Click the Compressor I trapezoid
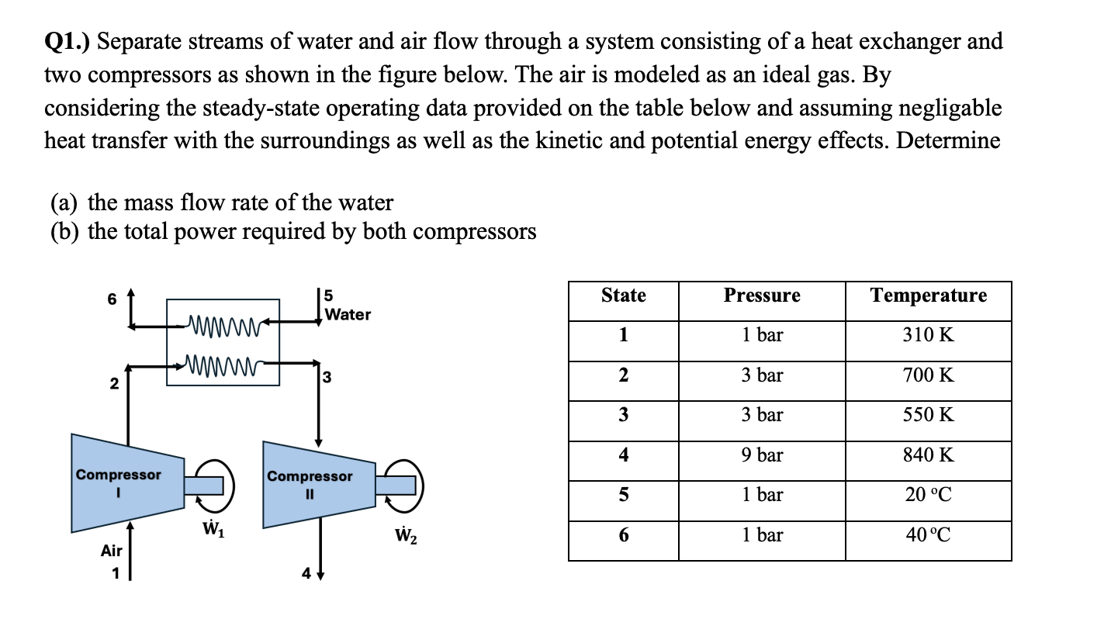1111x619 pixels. pos(124,485)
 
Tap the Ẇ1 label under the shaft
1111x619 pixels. pos(208,533)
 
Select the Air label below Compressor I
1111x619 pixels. pos(112,551)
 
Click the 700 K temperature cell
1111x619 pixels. pos(928,375)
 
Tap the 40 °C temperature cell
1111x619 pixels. pos(928,535)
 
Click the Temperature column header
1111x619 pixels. pos(928,296)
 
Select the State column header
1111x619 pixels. pos(623,296)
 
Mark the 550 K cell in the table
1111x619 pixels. pos(928,415)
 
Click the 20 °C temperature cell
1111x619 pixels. pos(928,495)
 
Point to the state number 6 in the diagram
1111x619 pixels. pos(112,299)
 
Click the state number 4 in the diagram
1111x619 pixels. pos(307,575)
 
